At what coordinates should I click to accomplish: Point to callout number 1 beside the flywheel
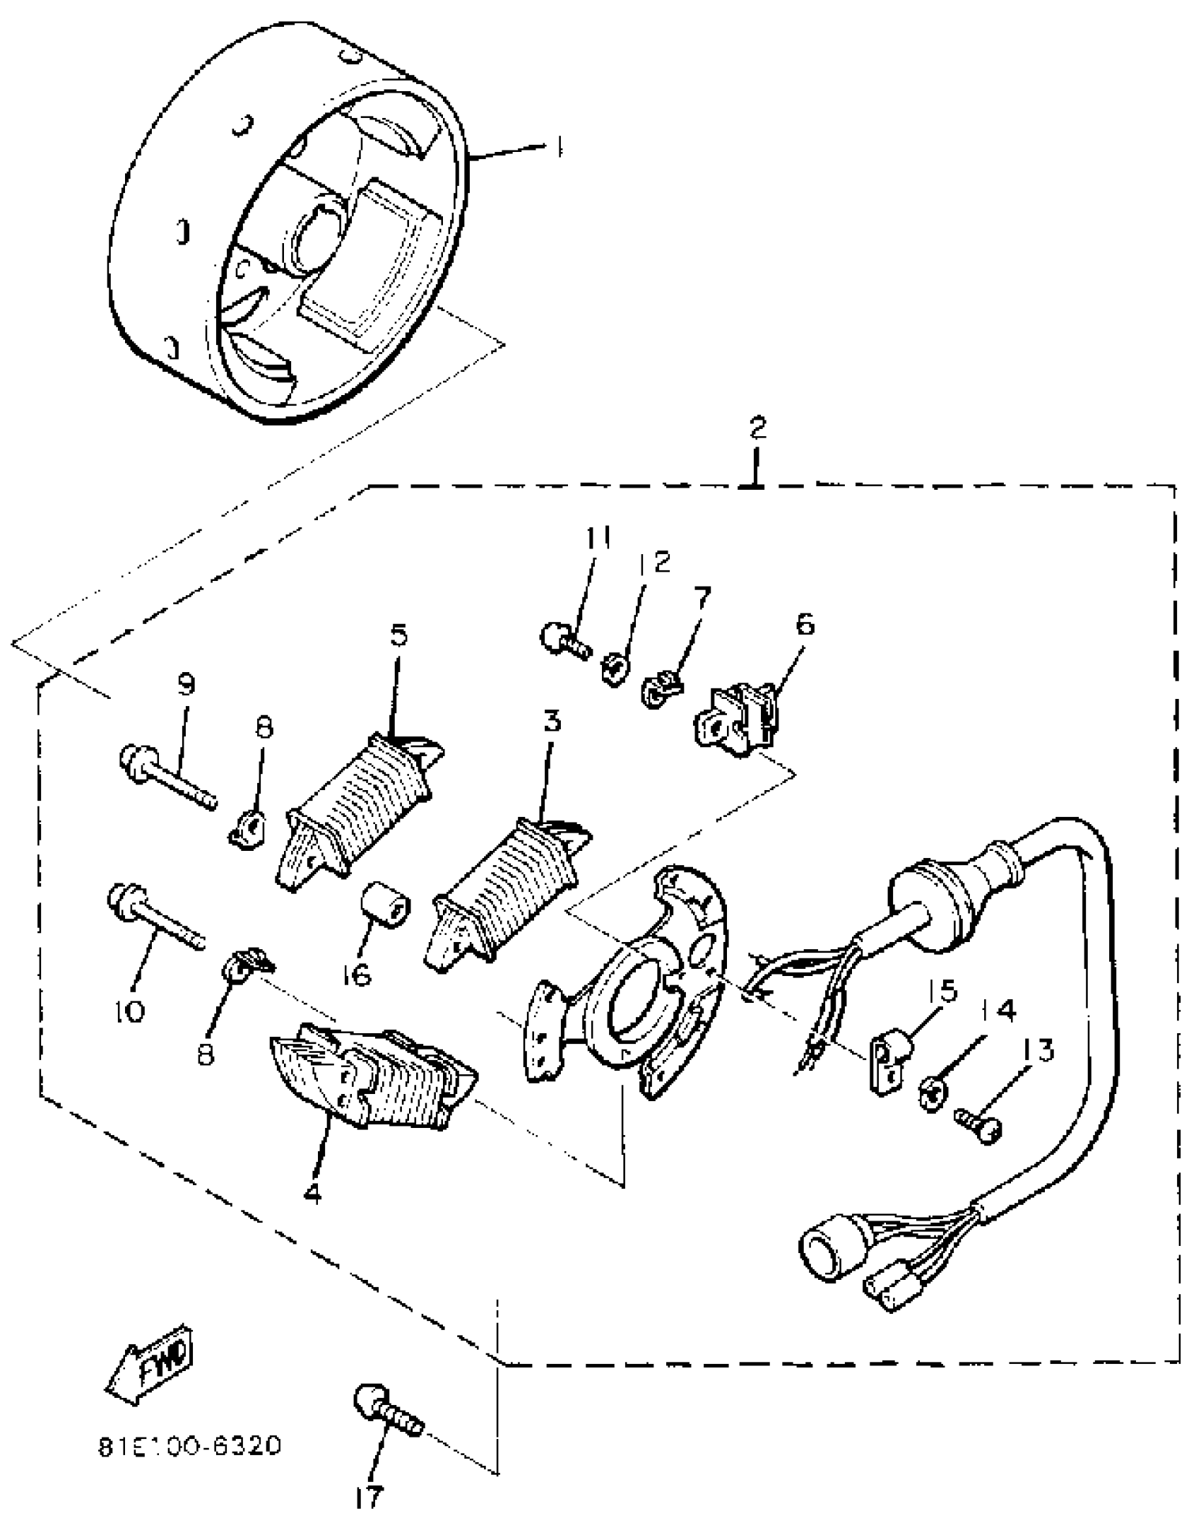tap(558, 147)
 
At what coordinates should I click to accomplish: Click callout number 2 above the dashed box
tap(757, 428)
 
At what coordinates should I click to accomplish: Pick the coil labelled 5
tap(360, 812)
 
